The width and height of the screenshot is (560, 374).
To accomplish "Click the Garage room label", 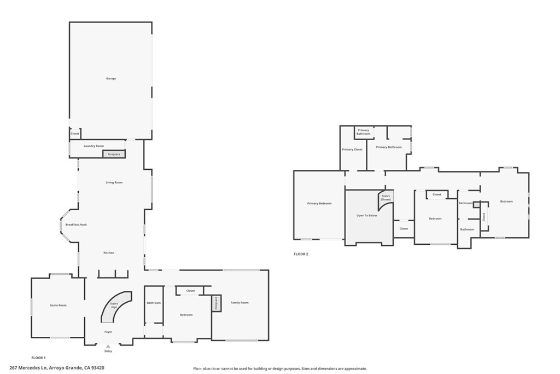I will (111, 79).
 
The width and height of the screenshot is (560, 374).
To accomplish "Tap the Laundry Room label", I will (94, 146).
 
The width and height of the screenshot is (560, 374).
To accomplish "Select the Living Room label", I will (114, 182).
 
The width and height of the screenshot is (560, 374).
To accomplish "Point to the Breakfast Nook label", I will (76, 225).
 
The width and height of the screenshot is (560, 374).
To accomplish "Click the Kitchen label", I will (109, 252).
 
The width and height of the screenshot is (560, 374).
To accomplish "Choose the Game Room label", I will (58, 305).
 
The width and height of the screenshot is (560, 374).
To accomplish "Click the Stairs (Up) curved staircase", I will (115, 306).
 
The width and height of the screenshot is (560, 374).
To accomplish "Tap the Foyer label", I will (108, 332).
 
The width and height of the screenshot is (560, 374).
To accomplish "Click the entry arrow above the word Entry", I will (108, 346).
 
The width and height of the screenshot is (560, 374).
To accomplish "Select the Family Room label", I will (239, 302).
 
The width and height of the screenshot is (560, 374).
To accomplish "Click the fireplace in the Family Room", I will (216, 303).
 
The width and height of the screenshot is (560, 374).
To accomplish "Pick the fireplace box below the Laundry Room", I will (114, 154).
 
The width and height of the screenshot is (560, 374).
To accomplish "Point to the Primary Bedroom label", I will (319, 204).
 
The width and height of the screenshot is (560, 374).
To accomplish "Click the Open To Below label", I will (367, 216).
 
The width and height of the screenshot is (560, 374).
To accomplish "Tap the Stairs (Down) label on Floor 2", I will (386, 197).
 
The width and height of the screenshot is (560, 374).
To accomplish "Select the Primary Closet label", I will (352, 149).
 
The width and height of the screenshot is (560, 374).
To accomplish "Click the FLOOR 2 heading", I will (301, 254).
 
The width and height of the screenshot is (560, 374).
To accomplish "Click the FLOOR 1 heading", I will (38, 358).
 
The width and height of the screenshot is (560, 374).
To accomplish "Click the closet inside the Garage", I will (75, 134).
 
